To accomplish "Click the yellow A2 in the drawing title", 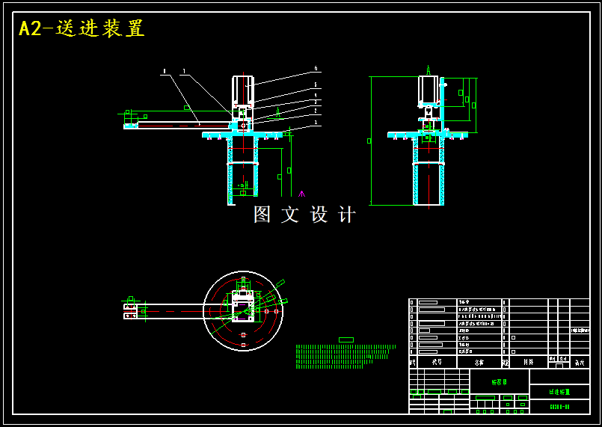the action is click(31, 28).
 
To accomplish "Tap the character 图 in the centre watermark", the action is click(262, 215).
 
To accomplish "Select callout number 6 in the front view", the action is click(316, 69).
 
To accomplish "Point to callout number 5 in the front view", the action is click(316, 85).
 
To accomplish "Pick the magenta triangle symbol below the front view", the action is click(301, 194).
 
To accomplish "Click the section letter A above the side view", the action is click(429, 69).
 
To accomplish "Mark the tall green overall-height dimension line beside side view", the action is click(372, 140).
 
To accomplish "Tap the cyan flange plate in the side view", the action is click(427, 135).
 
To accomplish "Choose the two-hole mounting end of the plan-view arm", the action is click(131, 311).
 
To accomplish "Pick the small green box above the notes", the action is click(345, 340).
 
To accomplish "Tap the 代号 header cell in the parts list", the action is click(437, 362).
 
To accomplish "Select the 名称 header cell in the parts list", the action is click(479, 362).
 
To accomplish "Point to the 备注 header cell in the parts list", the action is click(579, 362).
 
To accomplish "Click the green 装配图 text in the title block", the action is click(499, 382).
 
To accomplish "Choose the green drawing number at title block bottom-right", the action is click(559, 407).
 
